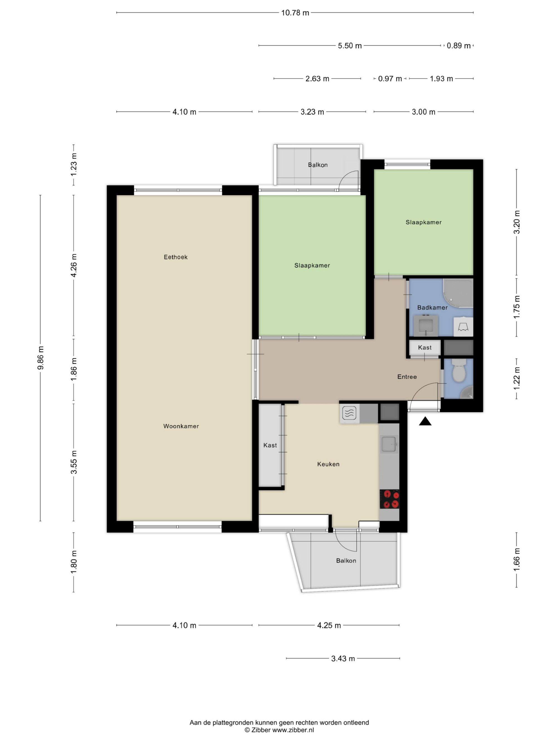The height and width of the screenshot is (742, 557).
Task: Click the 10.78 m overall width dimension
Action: click(295, 13)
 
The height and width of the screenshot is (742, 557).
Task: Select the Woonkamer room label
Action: click(181, 426)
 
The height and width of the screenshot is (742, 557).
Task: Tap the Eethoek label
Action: click(176, 257)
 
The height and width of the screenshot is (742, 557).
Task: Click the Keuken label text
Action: click(328, 464)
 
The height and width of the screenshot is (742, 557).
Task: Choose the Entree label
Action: click(407, 377)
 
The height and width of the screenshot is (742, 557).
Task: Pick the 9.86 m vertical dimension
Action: click(40, 358)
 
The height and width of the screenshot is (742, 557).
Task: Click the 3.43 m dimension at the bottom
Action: click(343, 659)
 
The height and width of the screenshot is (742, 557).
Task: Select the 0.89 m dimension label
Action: click(459, 46)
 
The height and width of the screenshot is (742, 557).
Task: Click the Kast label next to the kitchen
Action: click(270, 445)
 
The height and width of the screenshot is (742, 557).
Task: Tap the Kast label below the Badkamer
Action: click(425, 347)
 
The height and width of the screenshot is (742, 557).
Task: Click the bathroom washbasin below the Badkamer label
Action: click(426, 326)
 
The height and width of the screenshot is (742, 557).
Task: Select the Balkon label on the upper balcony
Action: click(317, 165)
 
